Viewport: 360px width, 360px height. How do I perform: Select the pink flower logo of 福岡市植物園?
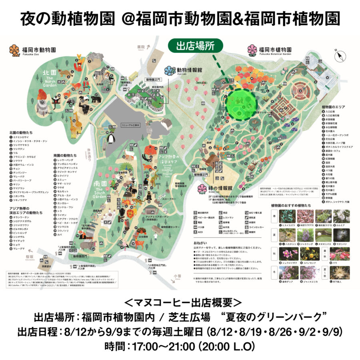252,50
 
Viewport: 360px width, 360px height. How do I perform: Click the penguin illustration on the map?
112,138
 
